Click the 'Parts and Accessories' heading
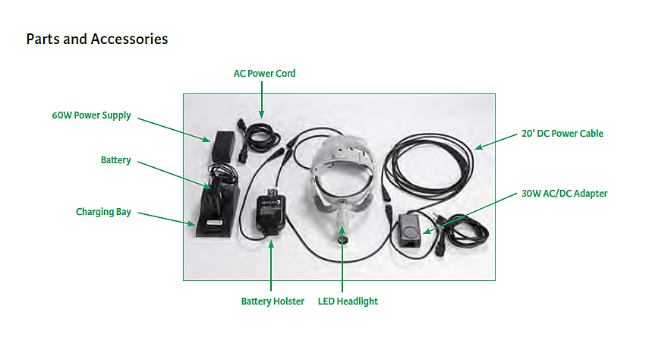point(97,39)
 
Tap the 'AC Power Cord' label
point(264,74)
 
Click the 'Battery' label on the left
point(116,160)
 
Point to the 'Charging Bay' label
point(103,212)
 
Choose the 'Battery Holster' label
point(273,302)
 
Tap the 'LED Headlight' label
point(347,302)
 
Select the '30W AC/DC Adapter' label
point(564,194)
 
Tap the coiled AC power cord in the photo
point(260,136)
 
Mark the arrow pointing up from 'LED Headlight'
point(343,266)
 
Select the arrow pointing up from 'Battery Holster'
point(272,266)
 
